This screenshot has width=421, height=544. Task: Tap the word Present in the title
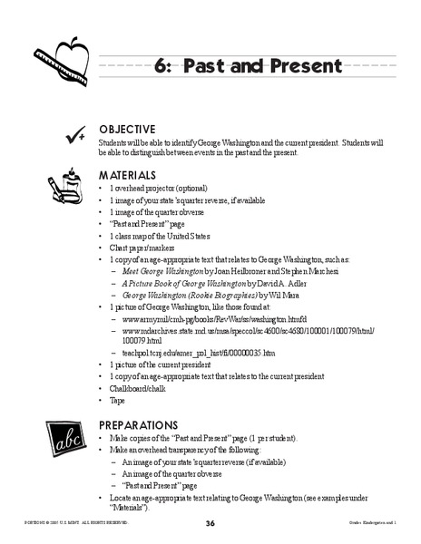pos(301,66)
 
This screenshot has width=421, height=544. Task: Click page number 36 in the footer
pos(210,523)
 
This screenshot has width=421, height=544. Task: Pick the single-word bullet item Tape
pos(118,400)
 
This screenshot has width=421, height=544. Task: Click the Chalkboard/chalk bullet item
pos(138,388)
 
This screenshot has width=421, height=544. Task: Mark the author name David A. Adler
pos(282,283)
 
